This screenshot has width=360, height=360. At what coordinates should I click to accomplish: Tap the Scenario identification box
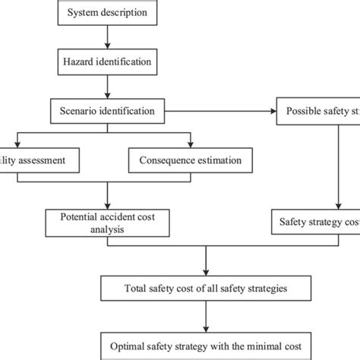click(107, 112)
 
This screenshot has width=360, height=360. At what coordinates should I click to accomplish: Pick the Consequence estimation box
click(190, 160)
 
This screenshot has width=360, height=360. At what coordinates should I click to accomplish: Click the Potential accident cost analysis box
click(107, 222)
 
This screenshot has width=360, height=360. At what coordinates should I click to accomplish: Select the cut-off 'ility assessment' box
click(38, 160)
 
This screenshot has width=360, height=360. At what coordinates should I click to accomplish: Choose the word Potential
click(80, 216)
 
